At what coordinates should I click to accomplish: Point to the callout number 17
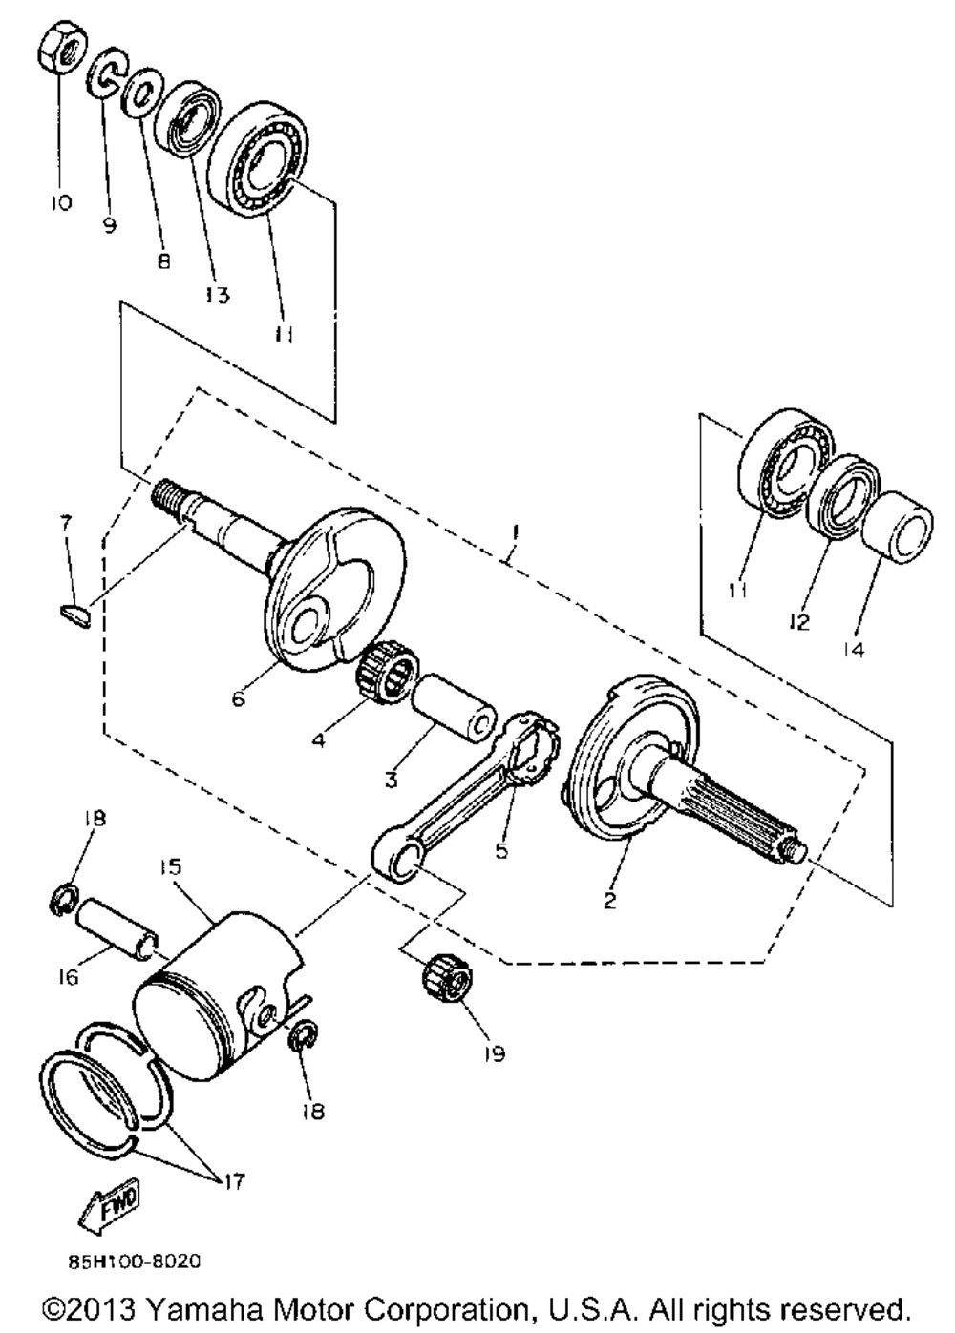(x=232, y=1182)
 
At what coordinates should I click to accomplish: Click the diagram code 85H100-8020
(x=134, y=1261)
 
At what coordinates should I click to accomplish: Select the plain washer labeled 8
(x=141, y=93)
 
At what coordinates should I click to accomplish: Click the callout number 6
(x=238, y=698)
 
